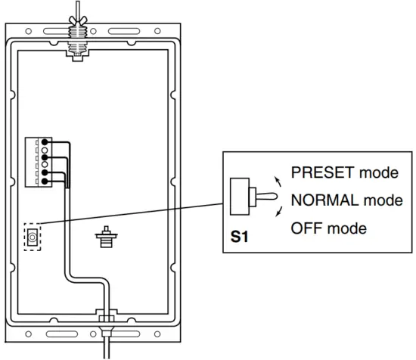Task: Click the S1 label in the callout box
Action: click(239, 237)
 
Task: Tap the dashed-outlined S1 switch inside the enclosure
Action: click(33, 238)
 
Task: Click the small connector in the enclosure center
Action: click(106, 238)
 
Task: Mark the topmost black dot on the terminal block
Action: click(46, 141)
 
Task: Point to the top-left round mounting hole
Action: click(29, 32)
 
